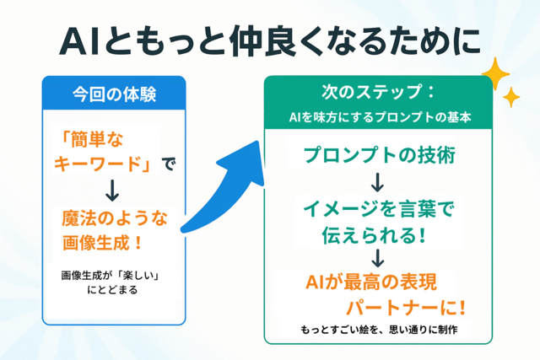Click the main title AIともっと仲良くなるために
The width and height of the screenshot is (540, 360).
(270, 41)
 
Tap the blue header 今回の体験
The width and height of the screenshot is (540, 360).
(115, 94)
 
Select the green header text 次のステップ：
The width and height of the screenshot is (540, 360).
(379, 92)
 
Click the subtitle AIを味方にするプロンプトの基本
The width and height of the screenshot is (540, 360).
(380, 117)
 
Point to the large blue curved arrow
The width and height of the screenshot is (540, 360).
(224, 193)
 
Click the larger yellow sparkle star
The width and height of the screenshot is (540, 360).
(495, 73)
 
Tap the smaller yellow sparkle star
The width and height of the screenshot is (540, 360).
(511, 97)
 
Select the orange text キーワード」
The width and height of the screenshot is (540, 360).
(103, 164)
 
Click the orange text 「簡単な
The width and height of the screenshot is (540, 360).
(91, 140)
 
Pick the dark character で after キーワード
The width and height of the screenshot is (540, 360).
(169, 164)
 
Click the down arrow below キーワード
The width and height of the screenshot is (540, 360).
(112, 191)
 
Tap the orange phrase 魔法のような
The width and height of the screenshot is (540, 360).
(115, 218)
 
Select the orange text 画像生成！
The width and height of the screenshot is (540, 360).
(102, 243)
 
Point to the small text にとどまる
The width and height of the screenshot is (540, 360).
(112, 290)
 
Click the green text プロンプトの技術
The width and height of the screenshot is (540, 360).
(380, 155)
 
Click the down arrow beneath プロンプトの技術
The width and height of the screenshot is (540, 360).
(378, 182)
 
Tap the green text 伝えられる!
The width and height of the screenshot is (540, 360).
(374, 235)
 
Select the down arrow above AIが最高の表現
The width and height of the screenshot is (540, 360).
(378, 258)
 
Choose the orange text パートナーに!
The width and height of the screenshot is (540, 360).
(406, 308)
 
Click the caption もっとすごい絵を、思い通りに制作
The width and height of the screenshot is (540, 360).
(379, 330)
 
